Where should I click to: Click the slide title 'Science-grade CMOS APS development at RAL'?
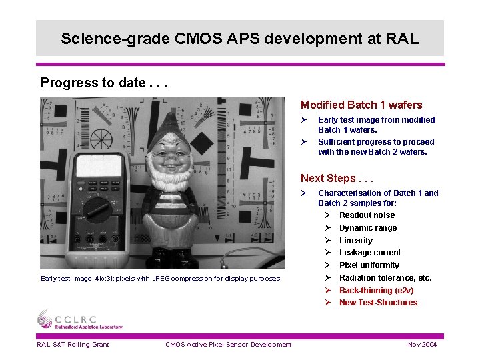[239, 39]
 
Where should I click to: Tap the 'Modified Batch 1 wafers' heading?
[361, 105]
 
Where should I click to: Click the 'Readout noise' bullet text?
[367, 215]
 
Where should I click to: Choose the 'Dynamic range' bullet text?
[367, 228]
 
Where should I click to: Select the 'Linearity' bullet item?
[355, 241]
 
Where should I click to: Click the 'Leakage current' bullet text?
[369, 253]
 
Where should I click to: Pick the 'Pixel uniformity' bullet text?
[369, 265]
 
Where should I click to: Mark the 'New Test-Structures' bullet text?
[378, 303]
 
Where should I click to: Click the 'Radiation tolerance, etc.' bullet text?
[385, 278]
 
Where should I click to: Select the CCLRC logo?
[79, 319]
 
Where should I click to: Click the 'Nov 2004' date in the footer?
[422, 344]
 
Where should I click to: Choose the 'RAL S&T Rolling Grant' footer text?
[73, 344]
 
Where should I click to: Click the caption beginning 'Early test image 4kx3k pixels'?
[160, 279]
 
